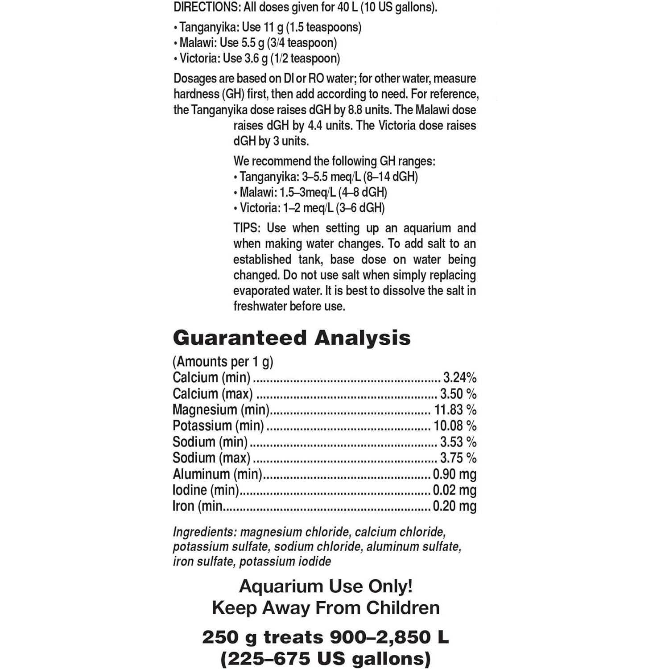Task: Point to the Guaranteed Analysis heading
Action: (x=291, y=338)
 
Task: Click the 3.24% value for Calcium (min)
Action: (x=459, y=378)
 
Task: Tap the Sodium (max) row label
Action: (x=211, y=458)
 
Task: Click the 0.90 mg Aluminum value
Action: (x=454, y=474)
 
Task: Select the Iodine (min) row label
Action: (x=206, y=490)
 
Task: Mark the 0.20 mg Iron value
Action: (x=454, y=506)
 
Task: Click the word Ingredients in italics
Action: (x=204, y=532)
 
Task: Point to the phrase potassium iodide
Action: (x=285, y=561)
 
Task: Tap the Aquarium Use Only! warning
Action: (x=326, y=586)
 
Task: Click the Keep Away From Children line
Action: (x=326, y=607)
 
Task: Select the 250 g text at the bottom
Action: (x=229, y=637)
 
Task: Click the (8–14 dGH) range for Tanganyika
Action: (x=390, y=177)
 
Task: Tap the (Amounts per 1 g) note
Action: (x=223, y=362)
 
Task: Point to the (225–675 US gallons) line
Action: (x=326, y=658)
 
